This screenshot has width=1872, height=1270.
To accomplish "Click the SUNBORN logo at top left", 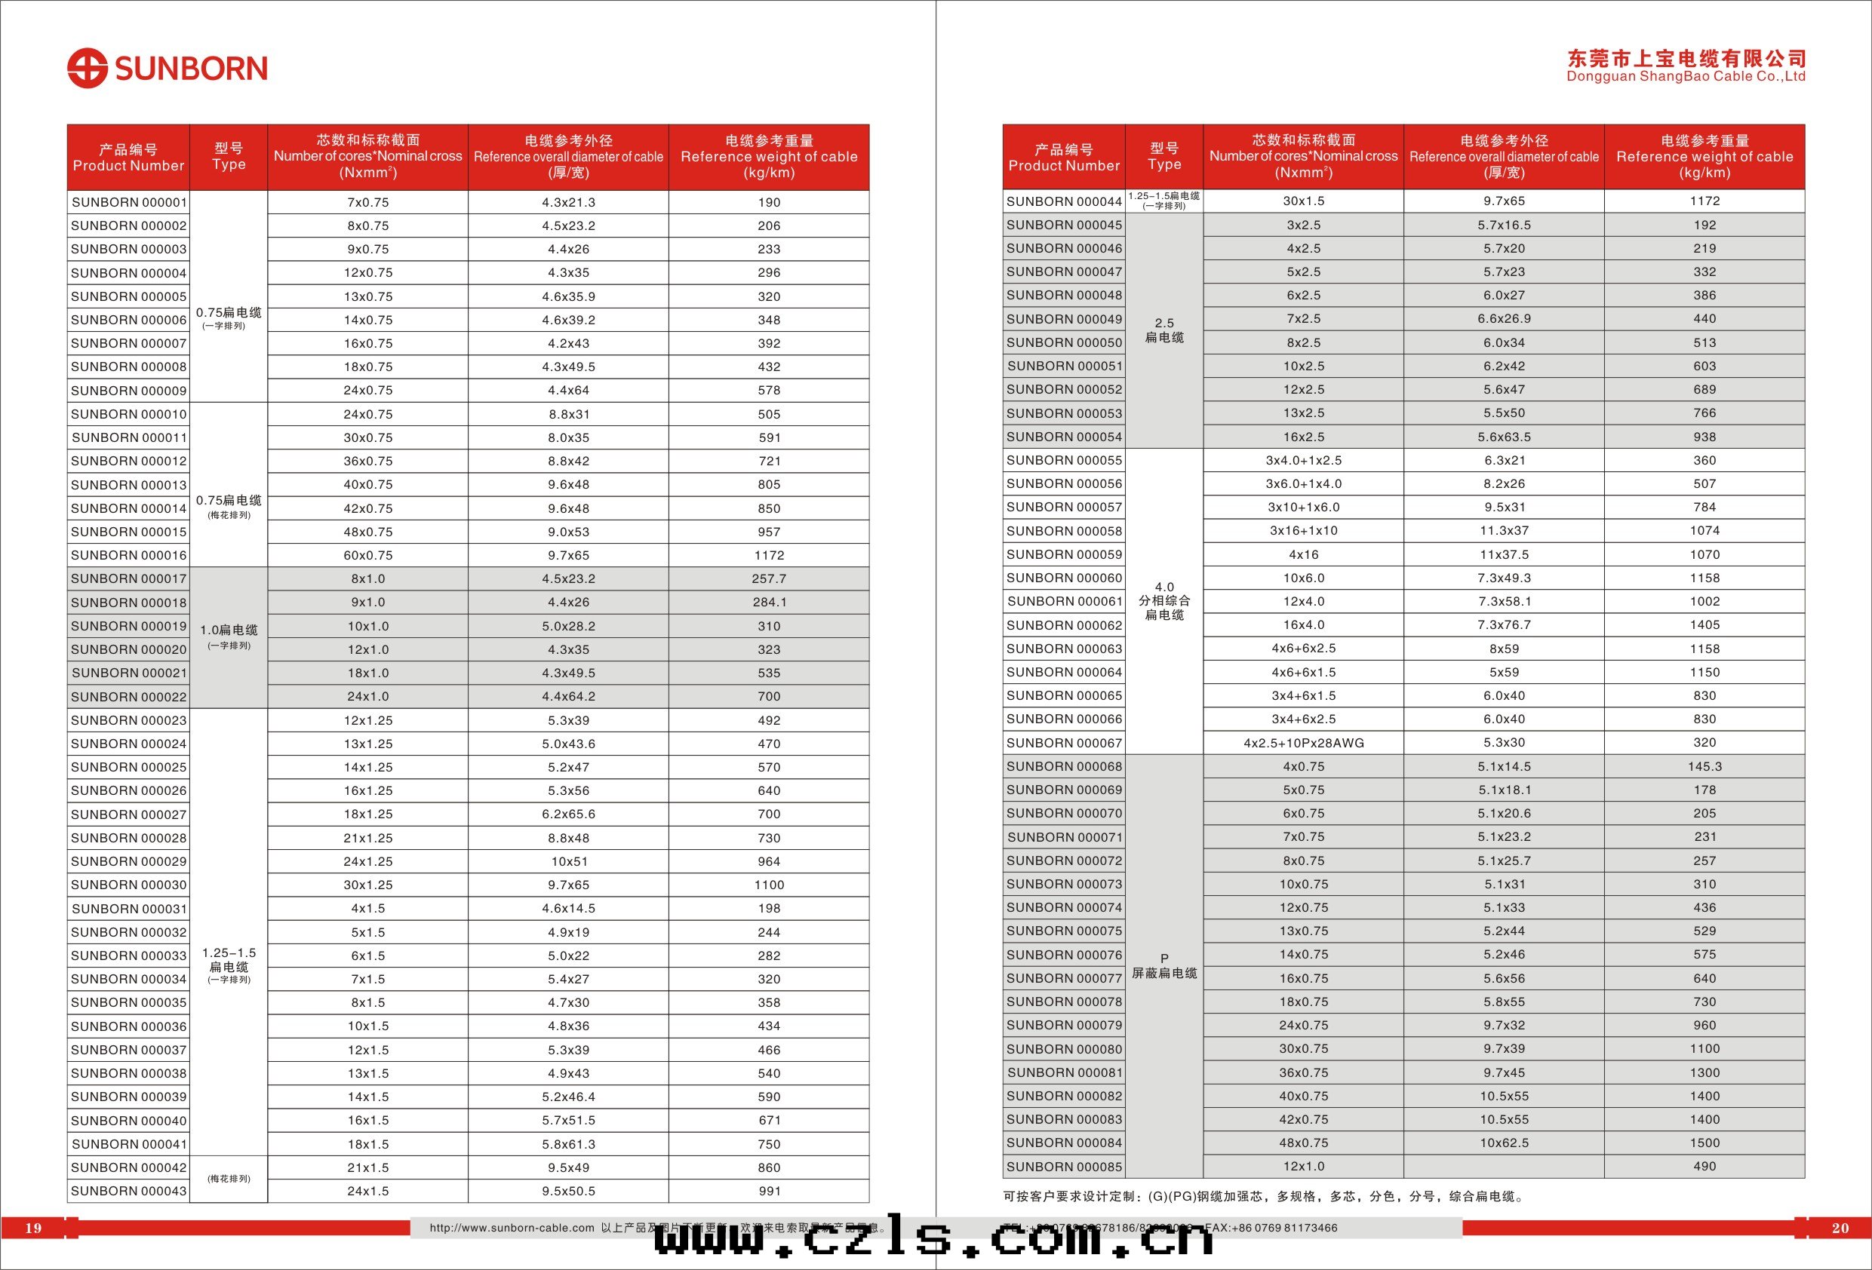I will coord(167,69).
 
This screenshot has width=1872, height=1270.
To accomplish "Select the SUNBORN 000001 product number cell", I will coord(129,202).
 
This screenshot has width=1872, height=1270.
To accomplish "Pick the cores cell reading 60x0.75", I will coord(368,556).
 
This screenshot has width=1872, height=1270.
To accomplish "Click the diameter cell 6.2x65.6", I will coord(569,814).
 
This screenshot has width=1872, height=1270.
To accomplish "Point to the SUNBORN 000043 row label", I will coord(129,1191).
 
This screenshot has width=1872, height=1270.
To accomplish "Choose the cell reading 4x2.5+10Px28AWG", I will coord(1303,744).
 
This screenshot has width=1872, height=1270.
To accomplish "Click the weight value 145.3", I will coord(1704,767).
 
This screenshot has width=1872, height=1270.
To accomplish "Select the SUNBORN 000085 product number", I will coord(1063,1167).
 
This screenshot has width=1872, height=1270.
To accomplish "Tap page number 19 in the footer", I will coord(33,1228).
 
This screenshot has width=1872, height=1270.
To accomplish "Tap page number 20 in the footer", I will coord(1840,1228).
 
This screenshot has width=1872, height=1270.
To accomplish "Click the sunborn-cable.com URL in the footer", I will coord(512,1228).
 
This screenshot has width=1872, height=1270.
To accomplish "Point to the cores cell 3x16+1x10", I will coord(1303,531).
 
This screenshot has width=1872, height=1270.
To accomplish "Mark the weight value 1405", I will coord(1704,625).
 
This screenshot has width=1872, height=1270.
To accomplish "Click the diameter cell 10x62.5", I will coord(1504,1143).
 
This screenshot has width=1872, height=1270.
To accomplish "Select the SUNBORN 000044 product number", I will coord(1063,201).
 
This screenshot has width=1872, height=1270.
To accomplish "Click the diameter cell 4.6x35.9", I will coord(569,296).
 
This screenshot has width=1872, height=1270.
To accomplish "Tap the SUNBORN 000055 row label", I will coord(1063,461).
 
